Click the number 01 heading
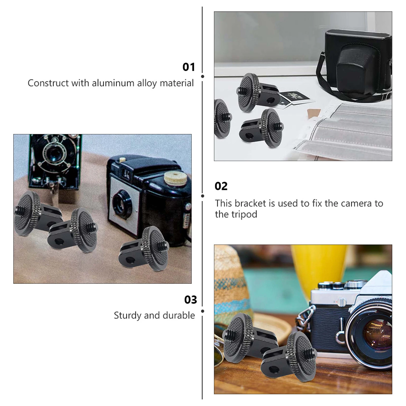pos(189,67)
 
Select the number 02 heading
pos(221,186)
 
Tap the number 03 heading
pos(191,300)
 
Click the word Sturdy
pos(127,315)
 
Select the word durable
pos(179,315)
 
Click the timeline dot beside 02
pos(202,196)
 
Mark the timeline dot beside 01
pos(202,76)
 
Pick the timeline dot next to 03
pos(202,311)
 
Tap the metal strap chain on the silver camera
pos(304,317)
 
